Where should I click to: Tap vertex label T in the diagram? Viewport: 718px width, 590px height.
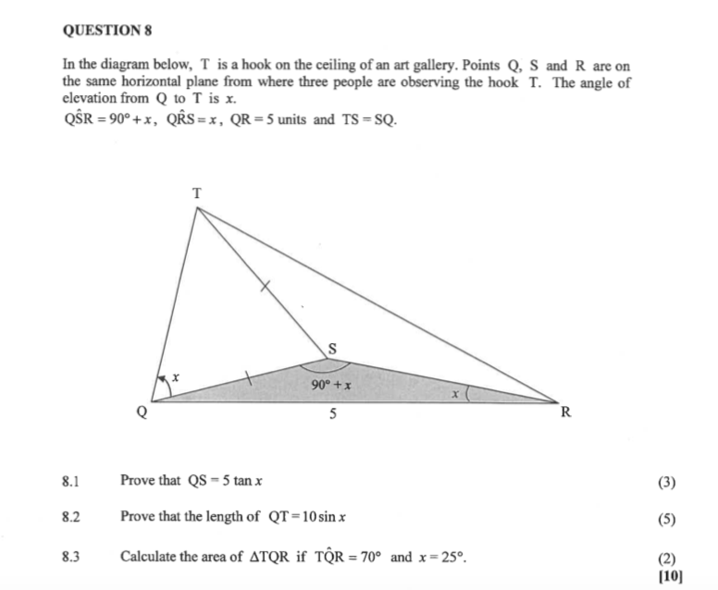[195, 193]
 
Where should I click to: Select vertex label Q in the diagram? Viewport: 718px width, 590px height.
[142, 415]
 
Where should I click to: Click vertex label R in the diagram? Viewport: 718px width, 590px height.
[566, 412]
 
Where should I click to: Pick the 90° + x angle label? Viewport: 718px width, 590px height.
[329, 385]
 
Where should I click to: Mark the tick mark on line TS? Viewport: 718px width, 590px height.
[265, 288]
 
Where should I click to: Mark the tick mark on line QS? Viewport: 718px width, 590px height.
[247, 377]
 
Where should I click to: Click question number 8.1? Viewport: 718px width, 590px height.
[71, 482]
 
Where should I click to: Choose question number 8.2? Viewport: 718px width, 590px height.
[71, 518]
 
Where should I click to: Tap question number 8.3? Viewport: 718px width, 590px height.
[71, 558]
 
